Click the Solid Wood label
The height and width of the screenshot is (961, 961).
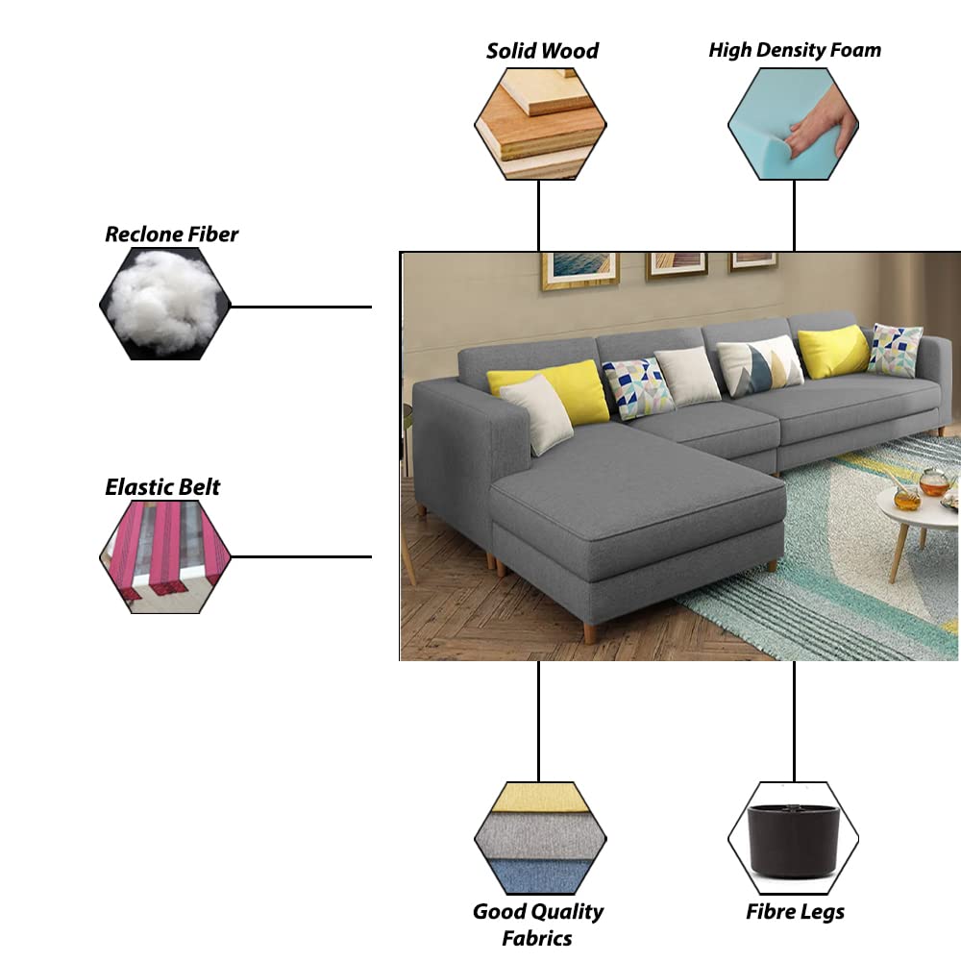coord(542,51)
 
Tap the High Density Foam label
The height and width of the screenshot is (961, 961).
coord(795,50)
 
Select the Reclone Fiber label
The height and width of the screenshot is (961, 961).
coord(172,234)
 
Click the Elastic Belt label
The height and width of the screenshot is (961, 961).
coord(162,487)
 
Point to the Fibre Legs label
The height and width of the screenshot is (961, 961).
coord(795,912)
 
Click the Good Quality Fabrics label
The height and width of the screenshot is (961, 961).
coord(538,924)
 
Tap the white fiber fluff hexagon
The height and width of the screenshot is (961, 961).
coord(165,304)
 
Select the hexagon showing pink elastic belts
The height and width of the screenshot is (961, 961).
coord(165,557)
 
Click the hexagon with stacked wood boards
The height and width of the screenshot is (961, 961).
coord(540,124)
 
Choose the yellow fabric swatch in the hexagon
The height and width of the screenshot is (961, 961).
coord(540,798)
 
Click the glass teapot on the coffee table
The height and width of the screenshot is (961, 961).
coord(933,482)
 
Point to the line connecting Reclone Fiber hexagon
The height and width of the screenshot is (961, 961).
coord(301,307)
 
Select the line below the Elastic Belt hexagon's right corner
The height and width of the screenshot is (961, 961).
coord(301,557)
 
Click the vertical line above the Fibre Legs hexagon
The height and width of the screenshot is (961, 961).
coord(795,722)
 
